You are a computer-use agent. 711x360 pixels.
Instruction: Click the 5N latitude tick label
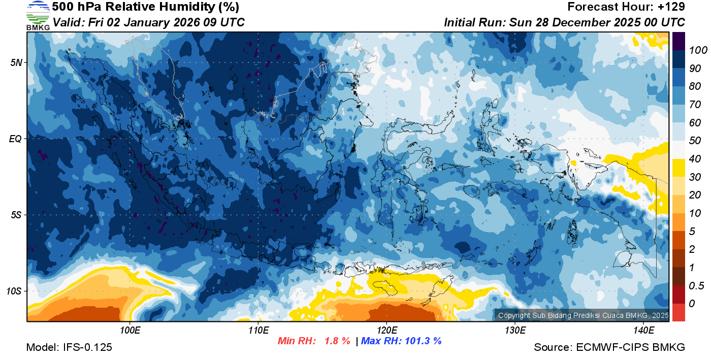click(x=16, y=62)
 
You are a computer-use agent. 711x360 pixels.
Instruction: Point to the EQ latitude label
click(x=15, y=139)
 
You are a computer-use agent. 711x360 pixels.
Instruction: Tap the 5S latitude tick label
click(x=16, y=215)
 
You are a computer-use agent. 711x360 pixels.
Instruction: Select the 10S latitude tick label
click(x=14, y=291)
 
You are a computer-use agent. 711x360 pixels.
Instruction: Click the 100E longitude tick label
click(x=130, y=330)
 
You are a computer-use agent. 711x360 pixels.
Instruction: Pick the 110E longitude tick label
click(x=258, y=330)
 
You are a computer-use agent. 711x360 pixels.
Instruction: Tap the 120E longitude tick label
click(x=386, y=330)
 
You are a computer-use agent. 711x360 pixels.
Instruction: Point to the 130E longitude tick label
click(x=515, y=330)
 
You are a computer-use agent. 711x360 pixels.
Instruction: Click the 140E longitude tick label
click(x=643, y=330)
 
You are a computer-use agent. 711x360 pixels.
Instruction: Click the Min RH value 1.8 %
click(x=337, y=341)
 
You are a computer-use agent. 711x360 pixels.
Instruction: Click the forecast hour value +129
click(x=672, y=7)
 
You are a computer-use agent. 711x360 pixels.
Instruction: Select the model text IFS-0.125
click(x=88, y=347)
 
